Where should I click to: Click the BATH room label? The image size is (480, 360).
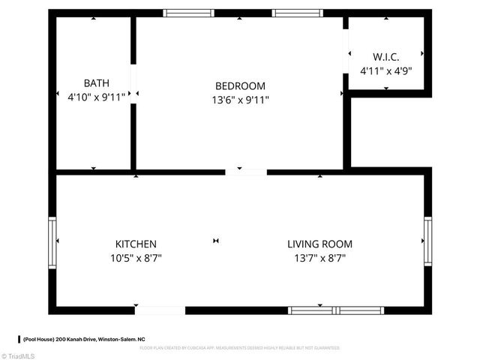point(96,82)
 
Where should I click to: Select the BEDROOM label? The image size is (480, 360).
point(240,86)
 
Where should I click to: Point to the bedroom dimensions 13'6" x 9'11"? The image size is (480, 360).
point(240,99)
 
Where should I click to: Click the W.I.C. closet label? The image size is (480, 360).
point(386,57)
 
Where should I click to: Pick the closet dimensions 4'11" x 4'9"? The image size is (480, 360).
point(386,71)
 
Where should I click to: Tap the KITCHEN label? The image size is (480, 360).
point(136,244)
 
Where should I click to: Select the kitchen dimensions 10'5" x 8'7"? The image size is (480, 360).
point(136,258)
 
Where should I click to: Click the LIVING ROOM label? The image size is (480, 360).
point(320,244)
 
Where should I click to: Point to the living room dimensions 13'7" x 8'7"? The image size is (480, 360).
point(320,258)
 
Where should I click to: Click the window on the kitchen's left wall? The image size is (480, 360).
point(52,241)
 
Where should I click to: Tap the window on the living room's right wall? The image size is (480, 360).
point(427,241)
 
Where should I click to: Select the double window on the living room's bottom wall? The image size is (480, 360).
point(337,310)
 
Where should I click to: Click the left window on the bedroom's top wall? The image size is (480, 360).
point(188,13)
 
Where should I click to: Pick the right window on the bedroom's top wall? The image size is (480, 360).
point(297,13)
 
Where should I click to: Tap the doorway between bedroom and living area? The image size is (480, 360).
point(246,172)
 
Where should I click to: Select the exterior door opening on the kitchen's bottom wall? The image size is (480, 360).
point(160,310)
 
